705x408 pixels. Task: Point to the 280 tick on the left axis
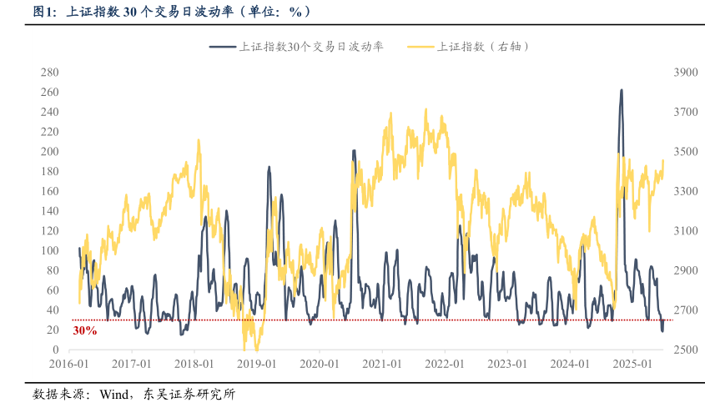pyautogui.click(x=50, y=73)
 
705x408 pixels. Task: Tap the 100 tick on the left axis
pyautogui.click(x=50, y=250)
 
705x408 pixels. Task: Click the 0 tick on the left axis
pyautogui.click(x=56, y=350)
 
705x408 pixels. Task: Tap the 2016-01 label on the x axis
pyautogui.click(x=68, y=365)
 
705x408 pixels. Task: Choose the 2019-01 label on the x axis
pyautogui.click(x=256, y=365)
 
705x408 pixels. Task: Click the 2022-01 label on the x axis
pyautogui.click(x=444, y=365)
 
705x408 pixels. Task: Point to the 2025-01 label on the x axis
pyautogui.click(x=632, y=365)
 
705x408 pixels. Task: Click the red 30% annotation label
pyautogui.click(x=84, y=330)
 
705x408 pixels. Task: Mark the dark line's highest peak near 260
pyautogui.click(x=621, y=90)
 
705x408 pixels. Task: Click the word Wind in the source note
pyautogui.click(x=113, y=394)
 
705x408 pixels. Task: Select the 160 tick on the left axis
pyautogui.click(x=50, y=191)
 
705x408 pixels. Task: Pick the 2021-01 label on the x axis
pyautogui.click(x=381, y=365)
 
